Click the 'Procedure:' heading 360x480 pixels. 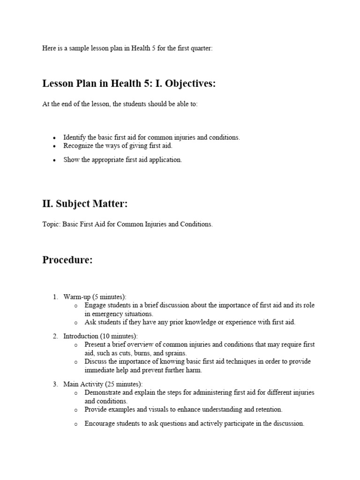click(67, 260)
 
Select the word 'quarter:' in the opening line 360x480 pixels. click(202, 48)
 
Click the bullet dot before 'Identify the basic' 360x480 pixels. click(54, 138)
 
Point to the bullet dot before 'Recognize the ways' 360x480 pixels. click(54, 146)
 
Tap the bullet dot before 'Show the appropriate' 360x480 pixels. click(54, 160)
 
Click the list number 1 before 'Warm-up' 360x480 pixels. click(55, 297)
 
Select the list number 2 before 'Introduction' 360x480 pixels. click(55, 336)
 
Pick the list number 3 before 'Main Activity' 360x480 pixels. click(55, 384)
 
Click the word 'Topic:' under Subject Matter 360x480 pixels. click(51, 224)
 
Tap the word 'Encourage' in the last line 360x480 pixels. click(99, 423)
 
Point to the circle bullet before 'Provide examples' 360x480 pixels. click(76, 410)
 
